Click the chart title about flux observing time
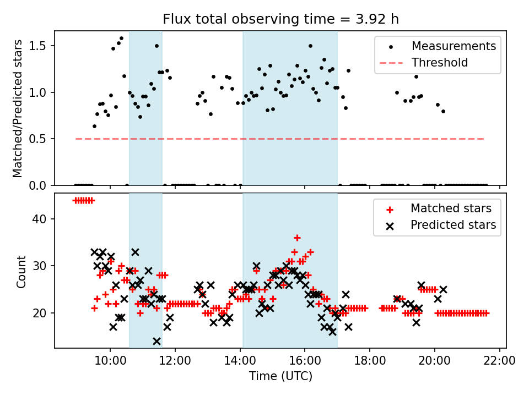(280, 20)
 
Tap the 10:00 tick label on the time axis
(110, 362)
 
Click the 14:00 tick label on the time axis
(240, 362)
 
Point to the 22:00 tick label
(500, 362)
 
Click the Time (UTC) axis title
(280, 377)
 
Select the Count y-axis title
(21, 271)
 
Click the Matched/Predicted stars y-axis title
(18, 108)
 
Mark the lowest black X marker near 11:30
(156, 341)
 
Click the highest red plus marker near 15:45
(297, 238)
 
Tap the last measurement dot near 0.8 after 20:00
(443, 111)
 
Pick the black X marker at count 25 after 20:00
(443, 289)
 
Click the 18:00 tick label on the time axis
(370, 362)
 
